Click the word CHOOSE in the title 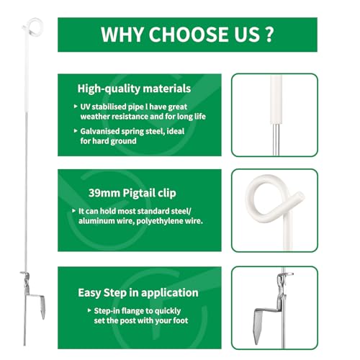pos(189,35)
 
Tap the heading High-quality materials pos(134,89)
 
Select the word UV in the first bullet pos(85,107)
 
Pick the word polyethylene pos(159,221)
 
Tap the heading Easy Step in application pos(138,293)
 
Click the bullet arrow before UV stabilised pos(76,106)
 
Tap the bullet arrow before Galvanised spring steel pos(76,131)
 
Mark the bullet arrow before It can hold pos(74,211)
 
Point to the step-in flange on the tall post pos(36,297)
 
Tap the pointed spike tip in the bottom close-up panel pos(256,343)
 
